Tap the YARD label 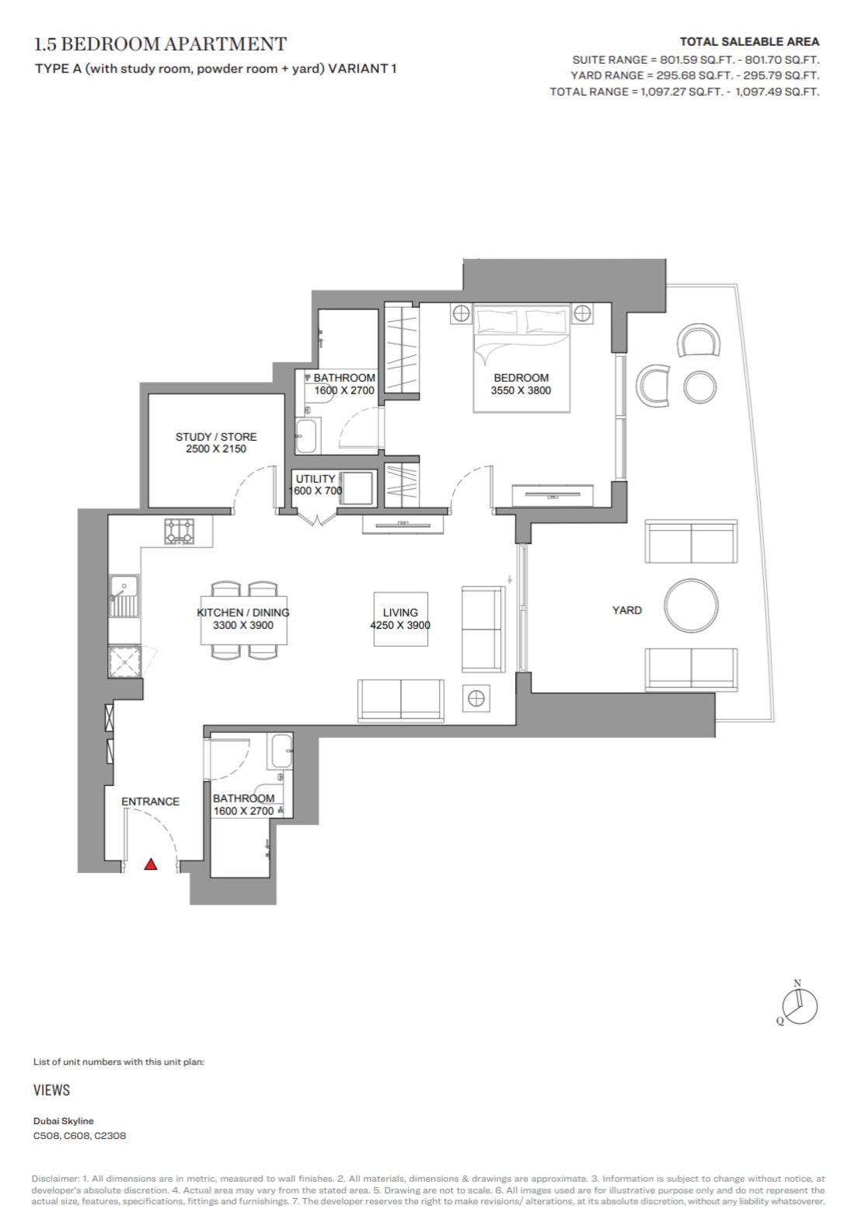[627, 610]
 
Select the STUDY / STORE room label [216, 437]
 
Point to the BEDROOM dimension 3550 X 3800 [521, 390]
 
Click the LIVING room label [400, 613]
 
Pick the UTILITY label [315, 479]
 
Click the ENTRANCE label [150, 802]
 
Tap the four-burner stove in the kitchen [180, 531]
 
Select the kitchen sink [124, 596]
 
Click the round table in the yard [692, 606]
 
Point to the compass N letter [797, 983]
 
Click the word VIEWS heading [52, 1090]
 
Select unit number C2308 [110, 1136]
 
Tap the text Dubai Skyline [63, 1121]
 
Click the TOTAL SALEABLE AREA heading [750, 41]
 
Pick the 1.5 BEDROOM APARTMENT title [160, 44]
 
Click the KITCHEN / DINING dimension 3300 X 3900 [243, 625]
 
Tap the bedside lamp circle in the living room [476, 698]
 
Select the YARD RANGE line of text [695, 75]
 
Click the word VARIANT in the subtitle [358, 68]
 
